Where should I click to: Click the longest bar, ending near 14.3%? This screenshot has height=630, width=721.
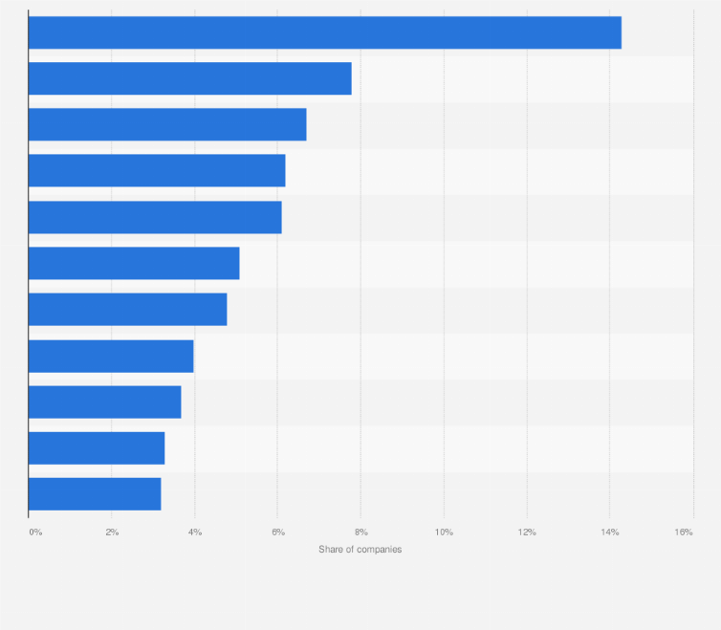[x=324, y=33]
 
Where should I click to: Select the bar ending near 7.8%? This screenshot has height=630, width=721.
[x=189, y=78]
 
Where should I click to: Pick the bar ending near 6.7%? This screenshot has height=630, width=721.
[x=167, y=124]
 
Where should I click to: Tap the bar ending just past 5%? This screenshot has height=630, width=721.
[x=134, y=263]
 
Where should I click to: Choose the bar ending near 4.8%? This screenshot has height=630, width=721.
[x=127, y=309]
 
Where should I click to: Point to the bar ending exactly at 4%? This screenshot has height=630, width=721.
[x=111, y=356]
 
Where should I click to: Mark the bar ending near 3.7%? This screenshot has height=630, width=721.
[x=104, y=402]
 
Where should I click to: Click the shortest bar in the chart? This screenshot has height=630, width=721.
[x=95, y=493]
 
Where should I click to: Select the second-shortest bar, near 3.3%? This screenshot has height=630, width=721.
[x=97, y=447]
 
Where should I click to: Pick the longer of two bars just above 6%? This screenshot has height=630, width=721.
[x=157, y=170]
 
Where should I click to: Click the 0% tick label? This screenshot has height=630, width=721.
[x=35, y=531]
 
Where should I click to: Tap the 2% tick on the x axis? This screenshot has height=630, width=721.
[x=112, y=531]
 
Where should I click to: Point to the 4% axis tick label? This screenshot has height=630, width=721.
[x=195, y=531]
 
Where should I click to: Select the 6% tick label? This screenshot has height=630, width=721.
[x=278, y=531]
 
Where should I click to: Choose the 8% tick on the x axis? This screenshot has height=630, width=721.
[x=360, y=531]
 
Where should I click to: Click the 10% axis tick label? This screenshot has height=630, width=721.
[x=444, y=531]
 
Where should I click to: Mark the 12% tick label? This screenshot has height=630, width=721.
[x=527, y=531]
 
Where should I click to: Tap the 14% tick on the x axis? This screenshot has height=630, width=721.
[x=609, y=531]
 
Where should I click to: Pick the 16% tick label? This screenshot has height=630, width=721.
[x=684, y=531]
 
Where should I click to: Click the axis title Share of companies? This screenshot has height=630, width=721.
[x=360, y=550]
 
